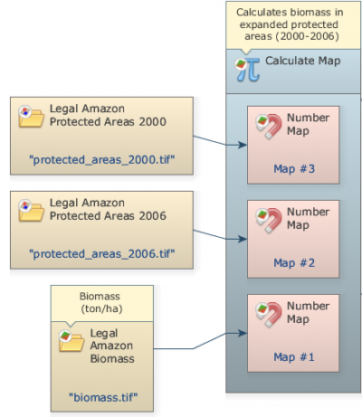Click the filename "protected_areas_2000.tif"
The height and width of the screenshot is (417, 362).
coord(102,160)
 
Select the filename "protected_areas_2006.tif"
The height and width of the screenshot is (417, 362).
coord(102,254)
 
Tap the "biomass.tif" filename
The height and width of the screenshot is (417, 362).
coord(103,397)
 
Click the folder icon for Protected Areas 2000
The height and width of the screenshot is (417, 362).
coord(31,117)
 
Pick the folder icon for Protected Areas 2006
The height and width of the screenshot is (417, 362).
coord(31,211)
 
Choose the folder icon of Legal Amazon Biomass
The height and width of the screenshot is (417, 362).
coord(71,341)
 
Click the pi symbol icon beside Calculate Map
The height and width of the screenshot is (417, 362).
coord(247,70)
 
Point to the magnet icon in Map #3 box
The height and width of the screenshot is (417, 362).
coord(269,126)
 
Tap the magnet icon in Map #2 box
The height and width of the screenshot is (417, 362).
coord(269,220)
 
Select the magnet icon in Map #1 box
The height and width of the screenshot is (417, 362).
coord(269,314)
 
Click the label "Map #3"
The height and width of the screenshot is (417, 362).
coord(294,169)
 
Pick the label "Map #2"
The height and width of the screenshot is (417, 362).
coord(294,263)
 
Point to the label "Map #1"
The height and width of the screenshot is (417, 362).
coord(294,357)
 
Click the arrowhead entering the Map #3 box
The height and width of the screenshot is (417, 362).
coord(243,145)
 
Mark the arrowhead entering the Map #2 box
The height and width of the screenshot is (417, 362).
coord(243,239)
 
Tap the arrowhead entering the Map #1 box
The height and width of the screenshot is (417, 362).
coord(243,333)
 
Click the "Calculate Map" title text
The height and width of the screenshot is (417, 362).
coord(303,61)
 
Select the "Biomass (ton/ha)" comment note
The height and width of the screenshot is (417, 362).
coord(102,303)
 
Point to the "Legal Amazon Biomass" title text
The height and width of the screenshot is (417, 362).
coord(112,346)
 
